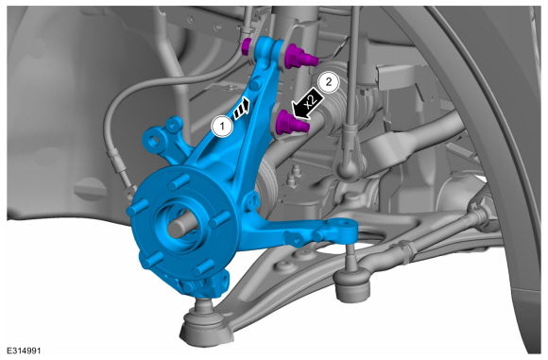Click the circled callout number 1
[x=222, y=127]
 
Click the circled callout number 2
[x=328, y=82]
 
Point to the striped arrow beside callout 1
[x=242, y=109]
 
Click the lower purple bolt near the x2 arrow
[x=292, y=123]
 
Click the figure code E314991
[x=24, y=351]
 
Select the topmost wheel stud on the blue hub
[x=179, y=181]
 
